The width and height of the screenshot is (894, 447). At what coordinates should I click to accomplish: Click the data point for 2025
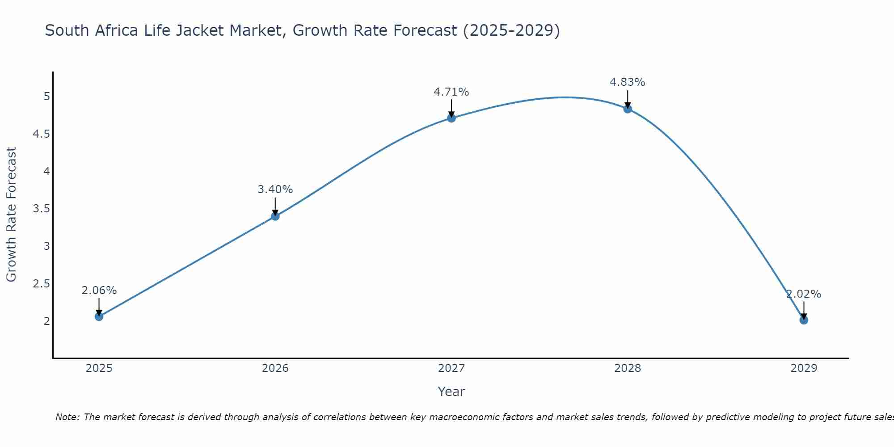(x=99, y=316)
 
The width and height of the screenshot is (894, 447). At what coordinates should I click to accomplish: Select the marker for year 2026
(x=275, y=216)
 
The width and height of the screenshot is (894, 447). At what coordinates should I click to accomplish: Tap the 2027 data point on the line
(x=451, y=118)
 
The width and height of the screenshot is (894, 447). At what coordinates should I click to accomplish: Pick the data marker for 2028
(x=628, y=109)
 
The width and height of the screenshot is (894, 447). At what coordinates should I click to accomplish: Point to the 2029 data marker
(x=804, y=320)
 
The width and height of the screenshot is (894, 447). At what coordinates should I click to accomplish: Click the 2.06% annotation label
(x=99, y=291)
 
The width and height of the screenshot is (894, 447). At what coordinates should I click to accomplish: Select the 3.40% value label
(x=275, y=190)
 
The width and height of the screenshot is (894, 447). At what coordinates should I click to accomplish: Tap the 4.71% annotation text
(x=451, y=92)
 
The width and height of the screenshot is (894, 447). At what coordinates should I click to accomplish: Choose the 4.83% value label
(x=628, y=82)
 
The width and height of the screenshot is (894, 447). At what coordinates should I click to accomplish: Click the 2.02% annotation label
(x=804, y=294)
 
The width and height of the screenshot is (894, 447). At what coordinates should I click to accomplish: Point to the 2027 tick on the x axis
(x=451, y=368)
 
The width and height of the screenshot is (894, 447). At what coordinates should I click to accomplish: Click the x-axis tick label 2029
(x=804, y=368)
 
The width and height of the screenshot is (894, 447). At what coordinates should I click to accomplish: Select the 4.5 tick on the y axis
(x=42, y=134)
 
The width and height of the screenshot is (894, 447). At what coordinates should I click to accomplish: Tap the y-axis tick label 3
(x=46, y=246)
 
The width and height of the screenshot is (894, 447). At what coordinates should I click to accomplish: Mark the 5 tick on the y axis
(x=46, y=97)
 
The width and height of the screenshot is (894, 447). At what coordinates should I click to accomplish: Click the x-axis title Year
(x=451, y=392)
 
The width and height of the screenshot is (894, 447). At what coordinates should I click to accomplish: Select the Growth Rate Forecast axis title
(x=11, y=215)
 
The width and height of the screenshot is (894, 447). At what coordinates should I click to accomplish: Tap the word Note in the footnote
(x=67, y=417)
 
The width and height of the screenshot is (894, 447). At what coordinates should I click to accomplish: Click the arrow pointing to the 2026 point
(x=275, y=207)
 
